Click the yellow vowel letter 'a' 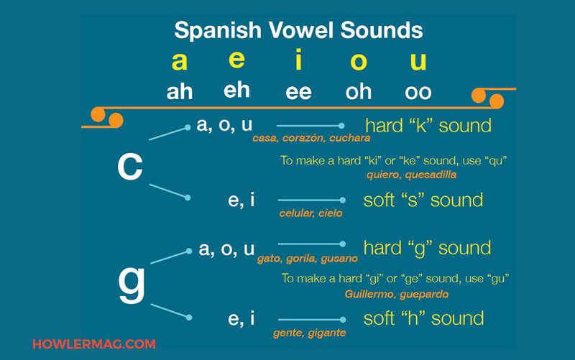pos(180,62)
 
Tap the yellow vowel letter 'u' pos(418,61)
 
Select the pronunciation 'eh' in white pos(236,90)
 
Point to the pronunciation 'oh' pos(358,92)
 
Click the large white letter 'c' pos(130,166)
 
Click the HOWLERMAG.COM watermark pos(94,344)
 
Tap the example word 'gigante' pos(324,333)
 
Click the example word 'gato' pos(270,259)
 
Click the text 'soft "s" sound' pos(423,200)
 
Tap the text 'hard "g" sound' pos(427,249)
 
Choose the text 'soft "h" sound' pos(423,318)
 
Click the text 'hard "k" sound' pos(428,126)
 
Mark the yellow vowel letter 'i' pos(298,61)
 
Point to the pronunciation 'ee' pos(298,92)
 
